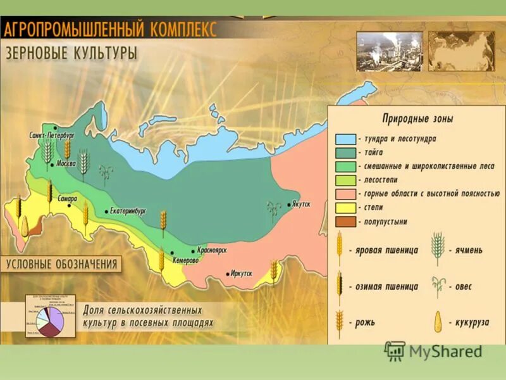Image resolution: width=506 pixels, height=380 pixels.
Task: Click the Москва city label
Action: (66, 163)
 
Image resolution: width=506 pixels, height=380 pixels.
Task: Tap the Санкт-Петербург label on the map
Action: (52, 135)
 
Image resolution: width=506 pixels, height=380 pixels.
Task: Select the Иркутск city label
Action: (241, 274)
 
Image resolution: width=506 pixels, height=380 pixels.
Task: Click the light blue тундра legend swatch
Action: (345, 138)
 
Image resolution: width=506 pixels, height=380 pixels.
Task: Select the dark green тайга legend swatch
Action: (345, 152)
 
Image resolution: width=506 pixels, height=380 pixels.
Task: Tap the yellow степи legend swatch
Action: (345, 208)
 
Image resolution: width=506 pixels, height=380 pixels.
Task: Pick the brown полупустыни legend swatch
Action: (345, 222)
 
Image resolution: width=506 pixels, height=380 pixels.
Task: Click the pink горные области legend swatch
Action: (345, 194)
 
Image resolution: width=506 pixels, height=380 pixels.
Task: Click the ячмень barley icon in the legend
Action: (437, 249)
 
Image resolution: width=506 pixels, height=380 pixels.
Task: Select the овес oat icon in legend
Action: (437, 286)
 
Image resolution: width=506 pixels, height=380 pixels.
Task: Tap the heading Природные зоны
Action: (417, 118)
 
